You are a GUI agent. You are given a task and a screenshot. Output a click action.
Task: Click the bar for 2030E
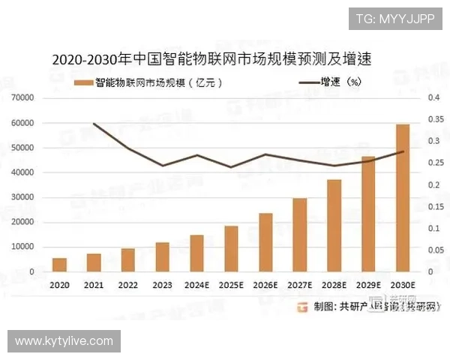(403, 198)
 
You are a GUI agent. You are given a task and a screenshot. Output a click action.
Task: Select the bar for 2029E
(368, 214)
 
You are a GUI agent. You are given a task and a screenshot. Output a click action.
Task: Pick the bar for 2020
(59, 265)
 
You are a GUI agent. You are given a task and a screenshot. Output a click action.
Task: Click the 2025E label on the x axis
(231, 286)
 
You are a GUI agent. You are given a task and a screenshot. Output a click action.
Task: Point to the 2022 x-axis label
(128, 286)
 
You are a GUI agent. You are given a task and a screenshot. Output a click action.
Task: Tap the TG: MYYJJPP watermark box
(394, 18)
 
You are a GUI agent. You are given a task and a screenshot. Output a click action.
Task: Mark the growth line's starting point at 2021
(94, 124)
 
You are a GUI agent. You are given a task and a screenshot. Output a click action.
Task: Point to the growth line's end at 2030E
(403, 151)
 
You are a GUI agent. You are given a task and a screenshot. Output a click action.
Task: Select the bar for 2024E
(196, 253)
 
